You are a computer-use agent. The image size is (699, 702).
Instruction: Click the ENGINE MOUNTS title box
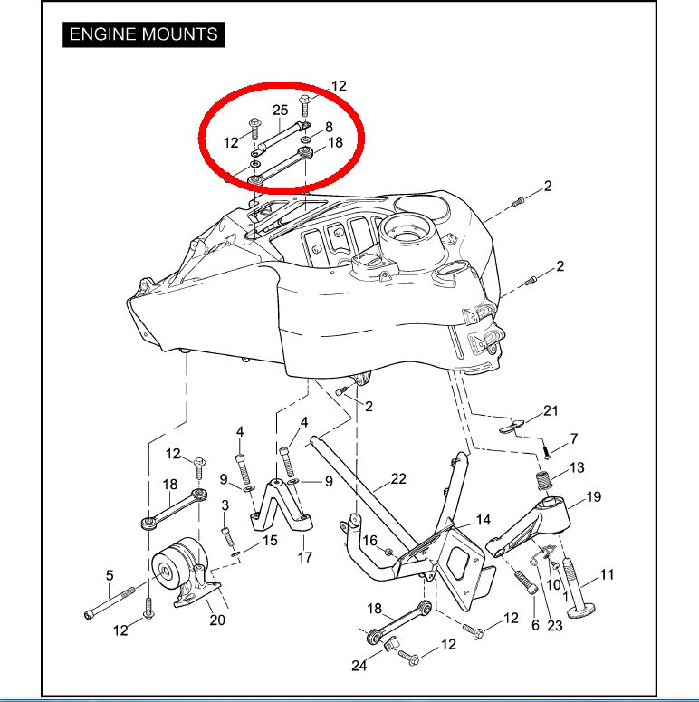click(143, 34)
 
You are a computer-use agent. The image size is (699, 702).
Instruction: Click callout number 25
click(280, 111)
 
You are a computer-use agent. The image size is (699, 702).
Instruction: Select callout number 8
click(329, 127)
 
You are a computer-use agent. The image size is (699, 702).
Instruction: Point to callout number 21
click(551, 411)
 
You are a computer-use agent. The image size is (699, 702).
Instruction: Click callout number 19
click(594, 496)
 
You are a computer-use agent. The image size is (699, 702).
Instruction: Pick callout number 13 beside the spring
click(577, 467)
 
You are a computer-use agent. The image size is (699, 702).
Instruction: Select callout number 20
click(217, 620)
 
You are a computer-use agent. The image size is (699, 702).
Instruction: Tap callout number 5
click(110, 575)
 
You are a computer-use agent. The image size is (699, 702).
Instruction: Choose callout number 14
click(483, 520)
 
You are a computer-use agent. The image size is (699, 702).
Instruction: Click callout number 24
click(359, 667)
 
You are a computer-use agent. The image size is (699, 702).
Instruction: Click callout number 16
click(370, 541)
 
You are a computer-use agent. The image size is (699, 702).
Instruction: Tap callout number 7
click(574, 439)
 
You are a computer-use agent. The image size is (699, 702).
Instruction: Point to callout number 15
click(270, 541)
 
